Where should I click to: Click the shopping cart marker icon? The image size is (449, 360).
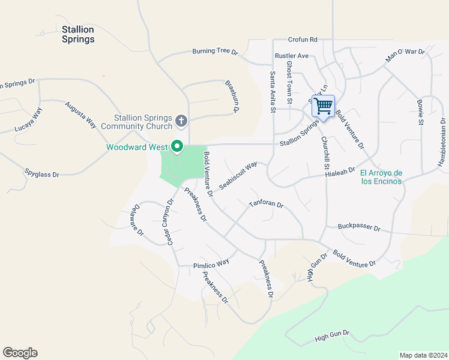pos(323,107)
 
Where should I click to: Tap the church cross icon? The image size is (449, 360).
pos(181,121)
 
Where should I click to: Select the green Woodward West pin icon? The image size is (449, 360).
pos(177,146)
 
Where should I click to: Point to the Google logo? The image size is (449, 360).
pos(20,353)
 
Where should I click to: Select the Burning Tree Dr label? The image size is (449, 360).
pos(215,52)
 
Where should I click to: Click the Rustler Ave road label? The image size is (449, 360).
pos(291,56)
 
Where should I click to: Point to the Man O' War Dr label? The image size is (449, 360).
pos(405,55)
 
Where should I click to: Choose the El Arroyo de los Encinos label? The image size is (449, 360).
pos(381,177)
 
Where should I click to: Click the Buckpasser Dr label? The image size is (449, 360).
pos(359,228)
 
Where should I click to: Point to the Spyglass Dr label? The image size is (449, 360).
pos(42,174)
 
